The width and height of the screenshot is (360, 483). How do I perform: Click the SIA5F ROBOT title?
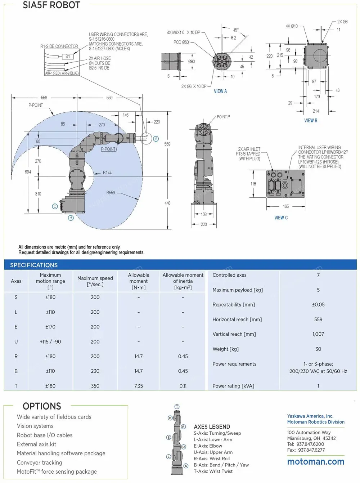point(51,5)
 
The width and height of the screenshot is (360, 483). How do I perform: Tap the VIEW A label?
point(220,91)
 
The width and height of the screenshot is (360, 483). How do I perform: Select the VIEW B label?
point(311,121)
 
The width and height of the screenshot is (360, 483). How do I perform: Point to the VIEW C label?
point(281,218)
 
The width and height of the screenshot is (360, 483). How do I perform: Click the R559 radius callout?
point(111,193)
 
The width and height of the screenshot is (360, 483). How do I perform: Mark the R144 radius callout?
point(107,173)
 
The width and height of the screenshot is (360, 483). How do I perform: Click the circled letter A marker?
point(156,139)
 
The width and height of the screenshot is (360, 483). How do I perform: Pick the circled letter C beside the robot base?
point(55,206)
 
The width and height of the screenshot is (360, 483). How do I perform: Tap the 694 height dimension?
point(28,172)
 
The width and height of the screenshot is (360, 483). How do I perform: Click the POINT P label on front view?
point(223,117)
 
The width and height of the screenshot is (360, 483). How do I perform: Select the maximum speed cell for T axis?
point(95,386)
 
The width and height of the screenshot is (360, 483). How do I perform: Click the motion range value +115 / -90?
point(50,341)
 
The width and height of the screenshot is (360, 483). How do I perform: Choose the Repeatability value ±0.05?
point(318,305)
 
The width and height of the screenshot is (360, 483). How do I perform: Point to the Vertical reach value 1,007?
point(318,334)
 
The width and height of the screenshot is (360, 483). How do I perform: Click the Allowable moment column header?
point(139,281)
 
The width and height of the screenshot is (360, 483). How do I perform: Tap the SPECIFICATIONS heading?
point(34,265)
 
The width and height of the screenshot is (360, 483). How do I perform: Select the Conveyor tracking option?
point(40,462)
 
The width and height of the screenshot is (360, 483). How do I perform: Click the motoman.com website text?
point(316,462)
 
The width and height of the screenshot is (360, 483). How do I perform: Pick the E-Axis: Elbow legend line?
point(208,446)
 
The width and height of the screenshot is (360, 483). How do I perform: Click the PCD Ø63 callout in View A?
point(181,42)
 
